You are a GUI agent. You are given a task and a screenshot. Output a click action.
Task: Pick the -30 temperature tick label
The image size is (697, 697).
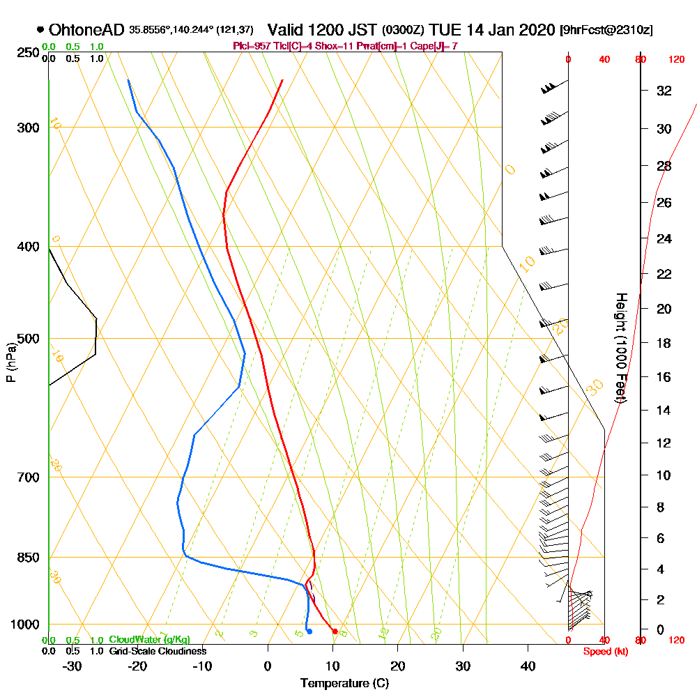pos(72,666)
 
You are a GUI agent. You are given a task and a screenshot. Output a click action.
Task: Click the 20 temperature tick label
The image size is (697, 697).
pos(397,666)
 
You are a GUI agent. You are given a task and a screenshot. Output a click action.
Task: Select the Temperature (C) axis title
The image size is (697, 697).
pos(344,684)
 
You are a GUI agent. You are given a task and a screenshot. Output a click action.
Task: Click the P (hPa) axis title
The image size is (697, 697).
pos(10,362)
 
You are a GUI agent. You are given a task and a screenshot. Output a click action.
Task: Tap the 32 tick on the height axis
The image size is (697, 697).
pos(664,91)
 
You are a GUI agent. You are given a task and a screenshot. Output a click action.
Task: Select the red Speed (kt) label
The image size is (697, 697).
pos(604,651)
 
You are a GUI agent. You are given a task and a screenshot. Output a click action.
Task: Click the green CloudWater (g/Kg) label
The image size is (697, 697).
pos(149,640)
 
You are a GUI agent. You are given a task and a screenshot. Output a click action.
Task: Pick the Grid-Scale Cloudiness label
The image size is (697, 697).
pos(158,651)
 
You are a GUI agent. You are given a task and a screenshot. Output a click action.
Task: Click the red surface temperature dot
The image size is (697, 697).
pos(335,631)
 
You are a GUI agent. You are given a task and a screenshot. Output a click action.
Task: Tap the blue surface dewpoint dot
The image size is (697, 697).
pos(309,631)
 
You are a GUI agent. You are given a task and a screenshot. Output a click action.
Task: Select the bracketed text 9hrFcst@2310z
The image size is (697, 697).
pos(606,31)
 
